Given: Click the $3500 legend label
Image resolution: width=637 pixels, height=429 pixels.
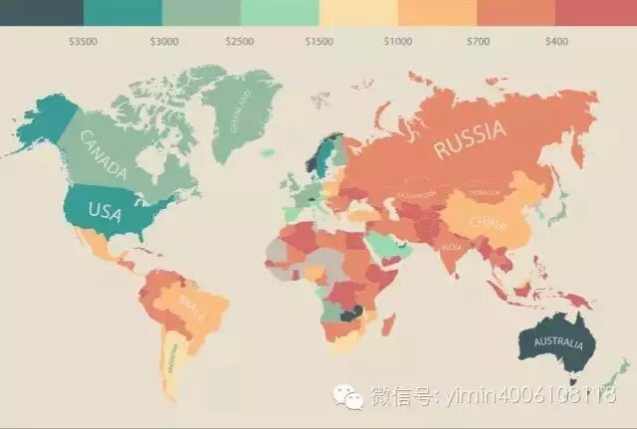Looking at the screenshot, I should point(84,42).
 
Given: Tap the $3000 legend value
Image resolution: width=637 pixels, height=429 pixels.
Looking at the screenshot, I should point(163,42).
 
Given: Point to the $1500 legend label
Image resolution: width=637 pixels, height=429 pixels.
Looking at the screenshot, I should point(319,42).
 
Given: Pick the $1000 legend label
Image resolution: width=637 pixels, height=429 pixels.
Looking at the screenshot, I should point(398,42).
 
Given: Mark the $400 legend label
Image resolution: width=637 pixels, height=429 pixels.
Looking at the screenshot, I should point(556,42).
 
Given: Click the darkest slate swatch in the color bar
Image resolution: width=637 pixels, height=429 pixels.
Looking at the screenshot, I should point(41,12).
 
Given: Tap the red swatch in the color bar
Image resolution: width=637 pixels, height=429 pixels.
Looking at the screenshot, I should point(596,12).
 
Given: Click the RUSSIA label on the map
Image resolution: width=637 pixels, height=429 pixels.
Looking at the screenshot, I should point(470,140).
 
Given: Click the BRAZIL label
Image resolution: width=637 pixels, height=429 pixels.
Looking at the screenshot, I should point(192,301).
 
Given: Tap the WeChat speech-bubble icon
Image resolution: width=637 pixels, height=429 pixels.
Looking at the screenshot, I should point(348,398).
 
